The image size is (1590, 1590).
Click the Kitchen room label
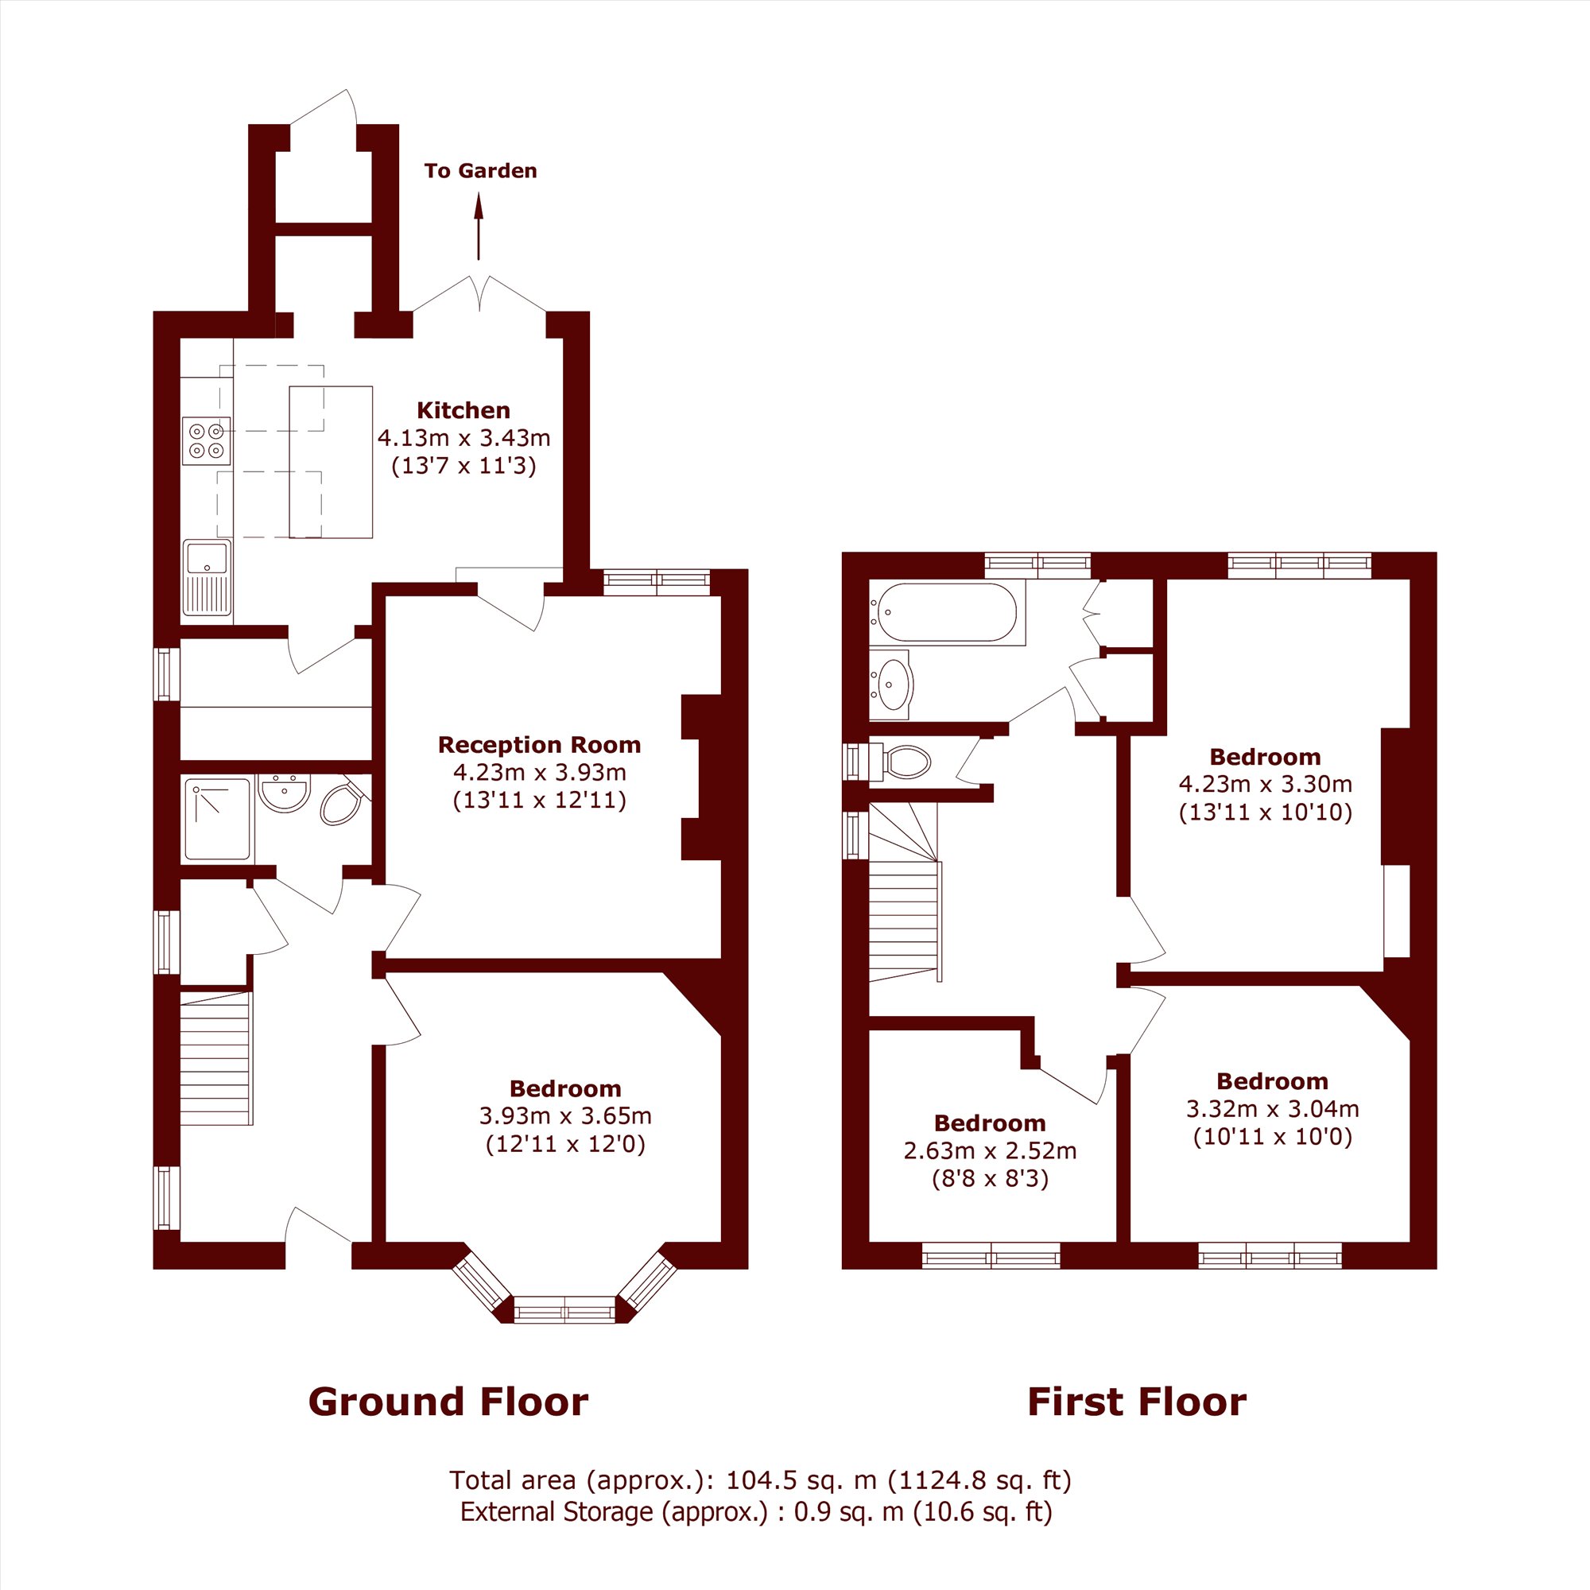[463, 410]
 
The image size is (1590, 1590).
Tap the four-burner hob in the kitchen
[207, 440]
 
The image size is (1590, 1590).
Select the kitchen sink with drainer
[207, 577]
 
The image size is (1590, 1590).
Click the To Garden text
[481, 171]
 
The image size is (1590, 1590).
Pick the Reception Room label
[539, 745]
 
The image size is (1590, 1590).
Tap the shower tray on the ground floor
[217, 820]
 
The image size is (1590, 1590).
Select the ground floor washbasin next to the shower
[284, 793]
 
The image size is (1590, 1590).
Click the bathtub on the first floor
[946, 613]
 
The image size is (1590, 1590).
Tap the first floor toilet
[903, 762]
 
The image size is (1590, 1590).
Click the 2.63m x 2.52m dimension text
[990, 1150]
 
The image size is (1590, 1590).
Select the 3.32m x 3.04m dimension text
[1272, 1108]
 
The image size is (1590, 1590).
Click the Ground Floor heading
[448, 1402]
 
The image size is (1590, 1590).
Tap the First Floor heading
[1137, 1402]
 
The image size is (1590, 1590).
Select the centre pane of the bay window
[565, 1309]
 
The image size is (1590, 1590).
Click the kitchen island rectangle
[331, 462]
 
